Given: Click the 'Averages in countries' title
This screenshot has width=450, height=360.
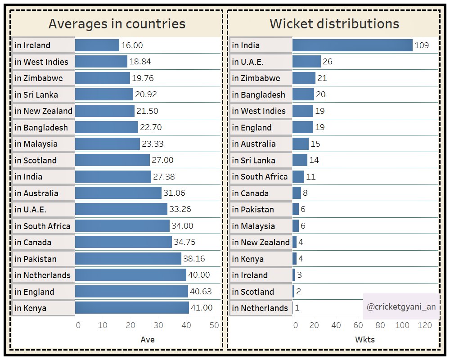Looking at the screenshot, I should coord(117,23).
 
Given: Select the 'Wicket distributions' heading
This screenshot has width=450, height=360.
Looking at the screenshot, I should coord(334,23).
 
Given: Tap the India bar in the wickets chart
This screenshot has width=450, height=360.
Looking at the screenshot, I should coord(352,45).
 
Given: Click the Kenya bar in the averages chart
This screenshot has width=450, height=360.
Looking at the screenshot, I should coord(132,308).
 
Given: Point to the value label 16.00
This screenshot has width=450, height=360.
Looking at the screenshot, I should coord(132,45).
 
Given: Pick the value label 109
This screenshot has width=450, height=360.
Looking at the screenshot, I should coord(422,45).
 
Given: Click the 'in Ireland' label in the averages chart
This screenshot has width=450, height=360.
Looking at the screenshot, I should coord(33,45).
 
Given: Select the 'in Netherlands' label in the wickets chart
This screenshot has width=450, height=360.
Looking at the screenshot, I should coord(260,308).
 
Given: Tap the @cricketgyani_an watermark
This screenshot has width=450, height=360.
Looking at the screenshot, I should coord(400,306).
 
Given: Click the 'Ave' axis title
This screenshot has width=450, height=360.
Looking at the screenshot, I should coord(148,340).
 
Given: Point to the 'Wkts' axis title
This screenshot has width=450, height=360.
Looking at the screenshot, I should coord(365,340).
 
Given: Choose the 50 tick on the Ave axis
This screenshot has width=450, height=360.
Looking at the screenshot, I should coord(214,325).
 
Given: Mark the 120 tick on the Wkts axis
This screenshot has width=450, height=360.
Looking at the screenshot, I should coord(424,325).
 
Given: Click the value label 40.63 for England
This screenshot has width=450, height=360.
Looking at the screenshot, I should coord(201,292).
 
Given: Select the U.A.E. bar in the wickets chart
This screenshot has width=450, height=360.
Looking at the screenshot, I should coord(306,62).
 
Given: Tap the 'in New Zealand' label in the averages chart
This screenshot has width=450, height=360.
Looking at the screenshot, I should coord(43,111).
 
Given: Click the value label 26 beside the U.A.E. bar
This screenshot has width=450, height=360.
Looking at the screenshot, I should coord(327,62).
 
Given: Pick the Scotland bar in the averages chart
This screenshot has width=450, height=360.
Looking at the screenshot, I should coord(112,160).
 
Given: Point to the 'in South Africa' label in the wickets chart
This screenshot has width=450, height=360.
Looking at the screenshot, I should coord(260,177).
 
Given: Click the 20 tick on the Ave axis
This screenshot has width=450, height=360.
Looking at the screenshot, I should coord(130,325).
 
